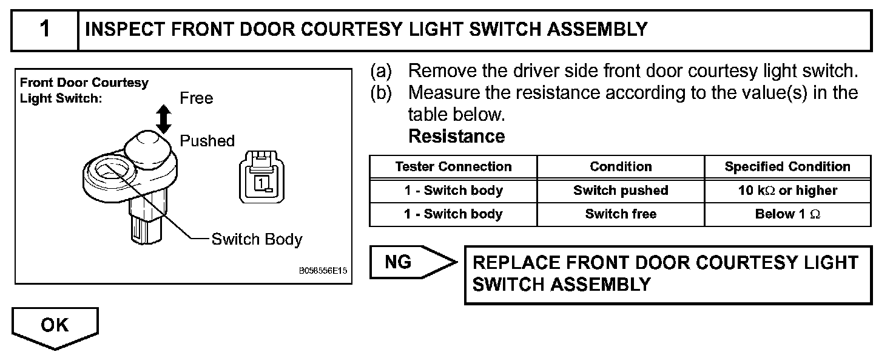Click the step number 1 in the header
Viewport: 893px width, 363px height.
44,29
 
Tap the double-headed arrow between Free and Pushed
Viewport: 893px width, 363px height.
163,118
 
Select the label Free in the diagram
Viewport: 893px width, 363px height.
196,98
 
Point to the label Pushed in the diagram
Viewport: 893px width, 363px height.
207,141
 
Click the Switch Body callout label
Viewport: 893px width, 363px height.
256,239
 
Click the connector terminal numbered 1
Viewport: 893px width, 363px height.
259,180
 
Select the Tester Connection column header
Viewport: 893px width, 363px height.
453,167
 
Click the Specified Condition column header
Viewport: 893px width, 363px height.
787,167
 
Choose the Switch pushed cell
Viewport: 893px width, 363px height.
621,191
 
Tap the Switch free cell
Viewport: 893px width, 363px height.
621,214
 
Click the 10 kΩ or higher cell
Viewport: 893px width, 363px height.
787,191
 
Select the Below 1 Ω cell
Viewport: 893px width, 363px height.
787,214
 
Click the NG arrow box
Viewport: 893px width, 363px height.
410,262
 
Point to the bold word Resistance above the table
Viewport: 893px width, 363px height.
456,137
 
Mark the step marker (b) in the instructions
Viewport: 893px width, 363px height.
381,93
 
